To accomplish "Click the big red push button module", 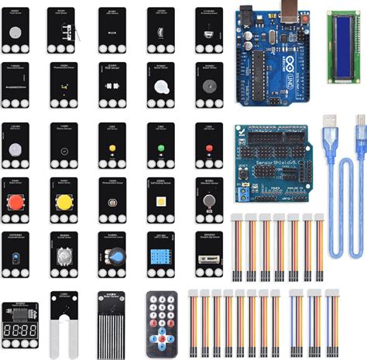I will point(16,203).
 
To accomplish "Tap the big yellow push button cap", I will point(64,203).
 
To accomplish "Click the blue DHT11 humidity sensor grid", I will point(160,256).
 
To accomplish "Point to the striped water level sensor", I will point(112,324).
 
